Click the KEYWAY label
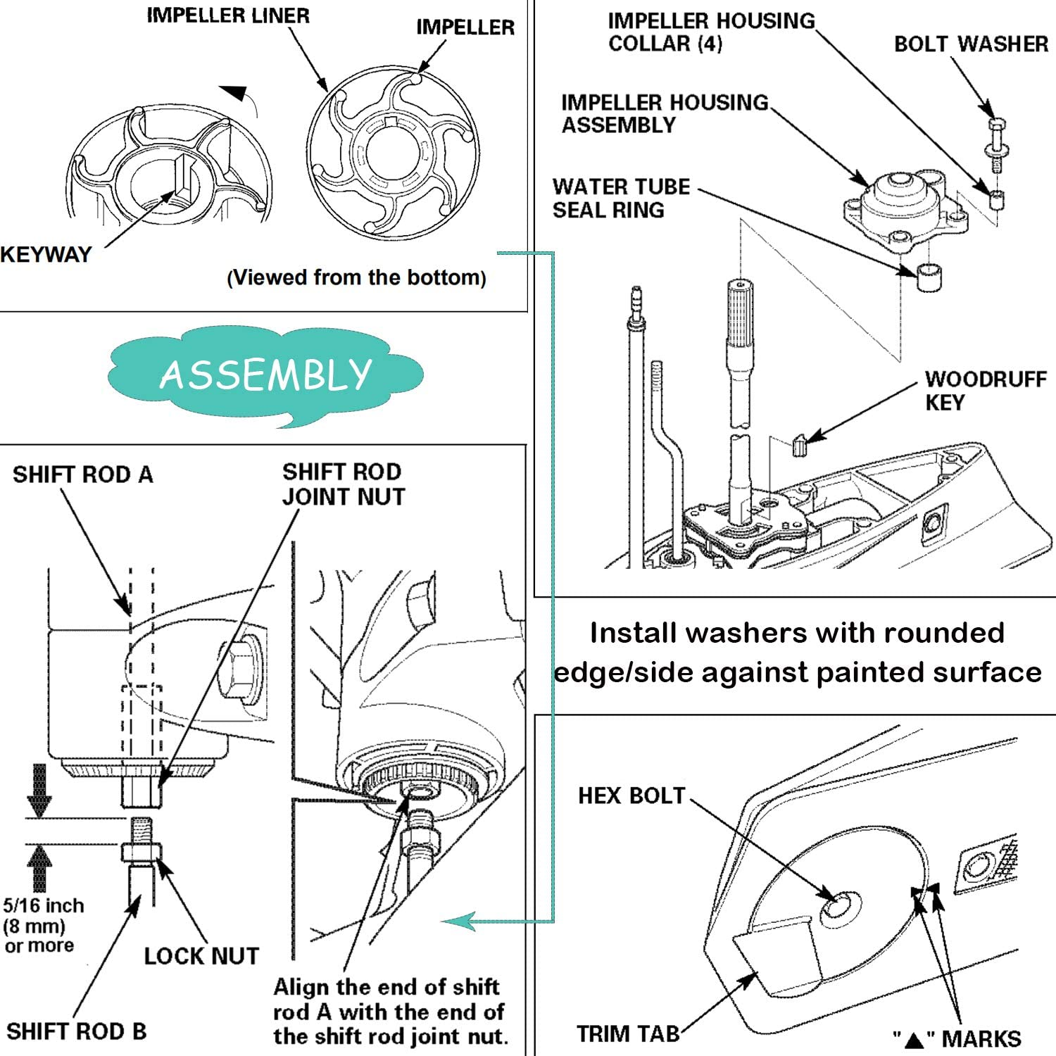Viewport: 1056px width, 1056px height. point(46,254)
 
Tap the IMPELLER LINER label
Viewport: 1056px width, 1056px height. point(227,15)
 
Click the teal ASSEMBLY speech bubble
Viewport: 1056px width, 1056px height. point(265,375)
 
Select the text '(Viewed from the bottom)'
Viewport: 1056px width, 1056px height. point(356,277)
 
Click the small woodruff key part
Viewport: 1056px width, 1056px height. point(798,446)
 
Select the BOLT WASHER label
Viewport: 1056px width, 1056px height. point(971,44)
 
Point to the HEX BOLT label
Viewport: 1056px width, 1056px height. point(631,796)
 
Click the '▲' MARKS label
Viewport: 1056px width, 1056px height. point(957,1038)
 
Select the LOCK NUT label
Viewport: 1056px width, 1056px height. point(201,955)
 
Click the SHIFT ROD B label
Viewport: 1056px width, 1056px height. point(76,1031)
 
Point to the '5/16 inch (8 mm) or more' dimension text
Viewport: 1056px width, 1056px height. point(43,925)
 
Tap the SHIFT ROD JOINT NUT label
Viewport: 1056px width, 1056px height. point(343,484)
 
